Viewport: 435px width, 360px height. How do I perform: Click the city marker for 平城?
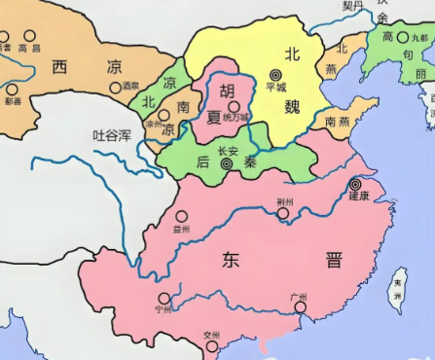[276, 74]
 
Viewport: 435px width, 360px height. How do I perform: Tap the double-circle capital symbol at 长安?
[227, 165]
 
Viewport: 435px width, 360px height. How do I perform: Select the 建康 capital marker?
[355, 184]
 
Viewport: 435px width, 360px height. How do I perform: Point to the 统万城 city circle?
[233, 106]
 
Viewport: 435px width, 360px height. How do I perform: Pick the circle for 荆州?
[283, 213]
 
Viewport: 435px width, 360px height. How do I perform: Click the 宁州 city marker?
[164, 299]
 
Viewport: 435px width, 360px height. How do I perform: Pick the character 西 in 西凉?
[60, 67]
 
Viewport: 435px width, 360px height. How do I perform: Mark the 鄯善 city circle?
[13, 87]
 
